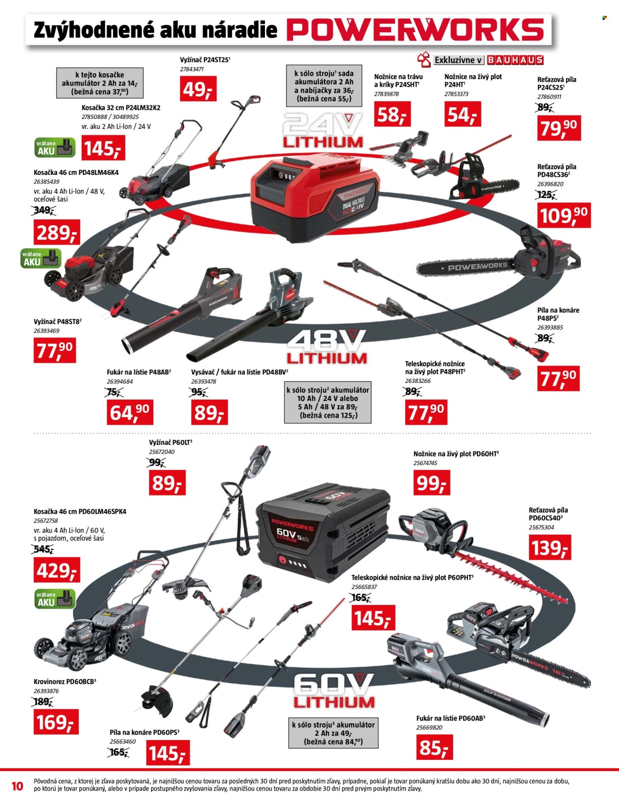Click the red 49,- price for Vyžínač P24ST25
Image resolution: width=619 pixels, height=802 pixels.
[x=198, y=89]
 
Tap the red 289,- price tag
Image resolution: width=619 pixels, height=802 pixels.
[x=57, y=232]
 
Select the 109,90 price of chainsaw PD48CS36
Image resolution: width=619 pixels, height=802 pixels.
[x=564, y=215]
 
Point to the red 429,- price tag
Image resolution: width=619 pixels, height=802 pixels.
[x=57, y=570]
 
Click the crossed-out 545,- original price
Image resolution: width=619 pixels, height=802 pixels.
[x=43, y=549]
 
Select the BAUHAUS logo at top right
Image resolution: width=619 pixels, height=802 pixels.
[x=515, y=60]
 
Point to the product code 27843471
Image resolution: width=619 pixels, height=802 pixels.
[x=192, y=69]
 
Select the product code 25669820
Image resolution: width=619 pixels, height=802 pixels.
[x=429, y=727]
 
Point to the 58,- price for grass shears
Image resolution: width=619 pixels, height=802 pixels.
[x=392, y=114]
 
